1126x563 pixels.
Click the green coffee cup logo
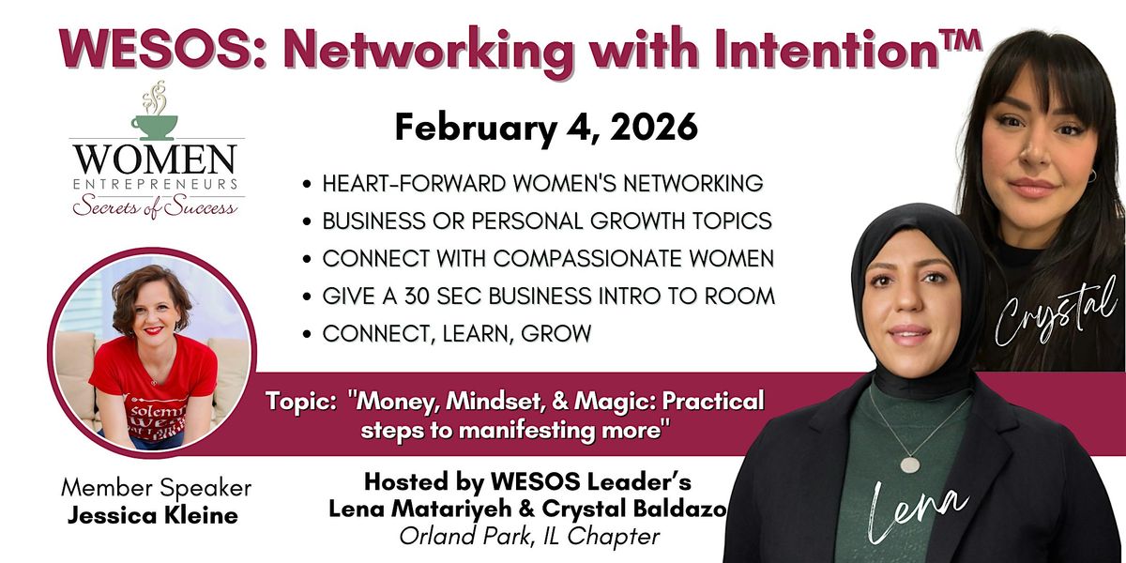pyautogui.click(x=154, y=127)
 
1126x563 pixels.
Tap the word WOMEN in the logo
pyautogui.click(x=156, y=160)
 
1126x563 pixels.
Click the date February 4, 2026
pyautogui.click(x=546, y=129)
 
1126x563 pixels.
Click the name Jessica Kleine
pyautogui.click(x=152, y=516)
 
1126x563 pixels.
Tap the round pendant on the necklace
pyautogui.click(x=909, y=464)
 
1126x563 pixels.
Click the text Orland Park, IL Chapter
pyautogui.click(x=529, y=537)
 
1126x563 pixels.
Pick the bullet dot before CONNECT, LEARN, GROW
pyautogui.click(x=307, y=334)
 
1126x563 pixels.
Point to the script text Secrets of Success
pyautogui.click(x=155, y=206)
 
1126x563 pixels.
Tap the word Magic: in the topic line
pyautogui.click(x=615, y=402)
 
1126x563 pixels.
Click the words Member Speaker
pyautogui.click(x=157, y=488)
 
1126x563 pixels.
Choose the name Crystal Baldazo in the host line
pyautogui.click(x=634, y=510)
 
